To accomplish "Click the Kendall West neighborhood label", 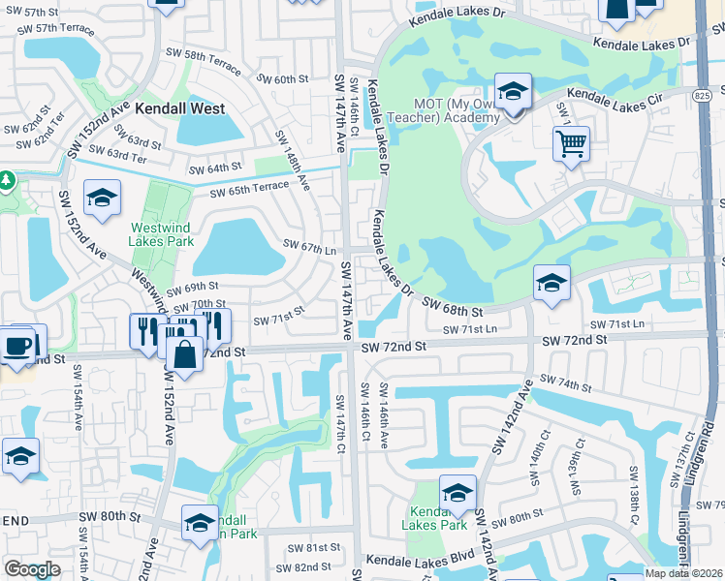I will click(x=180, y=109).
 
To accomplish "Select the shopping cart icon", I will click(x=572, y=144).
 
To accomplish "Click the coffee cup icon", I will click(x=19, y=346).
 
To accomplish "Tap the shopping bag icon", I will click(x=184, y=354).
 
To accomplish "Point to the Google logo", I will click(x=32, y=569).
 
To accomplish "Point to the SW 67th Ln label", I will click(x=309, y=248).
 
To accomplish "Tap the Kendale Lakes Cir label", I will click(x=612, y=95).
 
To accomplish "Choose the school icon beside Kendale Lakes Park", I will click(x=457, y=492).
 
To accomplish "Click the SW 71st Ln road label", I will click(x=470, y=330).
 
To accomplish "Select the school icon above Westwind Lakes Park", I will click(x=101, y=199).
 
